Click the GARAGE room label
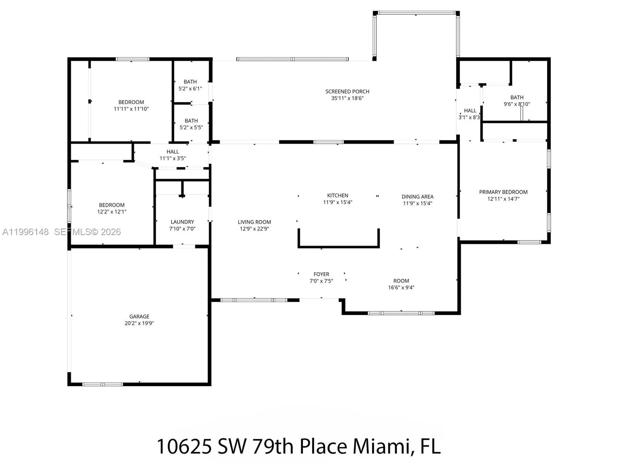tap(139, 316)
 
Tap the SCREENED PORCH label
tap(347, 92)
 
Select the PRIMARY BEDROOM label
tap(503, 192)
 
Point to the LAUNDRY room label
tap(182, 222)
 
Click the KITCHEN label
tap(338, 196)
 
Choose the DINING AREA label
tap(417, 197)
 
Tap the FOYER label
tap(321, 274)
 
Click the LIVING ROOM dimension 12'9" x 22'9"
tap(254, 229)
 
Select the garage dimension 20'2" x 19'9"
tap(139, 323)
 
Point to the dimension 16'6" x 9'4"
tap(401, 288)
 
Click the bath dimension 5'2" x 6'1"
tap(190, 89)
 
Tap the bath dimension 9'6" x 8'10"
tap(517, 104)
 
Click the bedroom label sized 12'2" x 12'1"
tap(112, 205)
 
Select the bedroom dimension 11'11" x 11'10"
tap(131, 109)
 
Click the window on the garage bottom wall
tap(102, 384)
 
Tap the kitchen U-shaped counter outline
tap(338, 246)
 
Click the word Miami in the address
tap(380, 447)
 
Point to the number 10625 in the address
tap(184, 447)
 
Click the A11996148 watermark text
tap(25, 232)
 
